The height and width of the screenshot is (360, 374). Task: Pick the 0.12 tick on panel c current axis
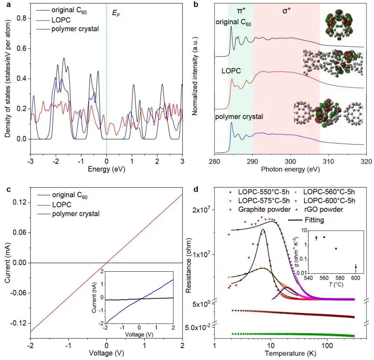[19, 203]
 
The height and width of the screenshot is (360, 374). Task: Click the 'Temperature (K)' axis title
[285, 353]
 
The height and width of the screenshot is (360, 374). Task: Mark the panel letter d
[196, 190]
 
